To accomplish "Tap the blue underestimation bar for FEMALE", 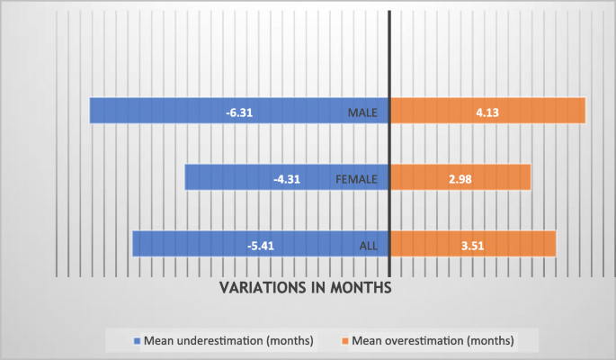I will click(225, 177).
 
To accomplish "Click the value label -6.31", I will click(238, 113).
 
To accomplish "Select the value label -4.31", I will click(286, 179).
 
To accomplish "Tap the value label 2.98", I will click(459, 179).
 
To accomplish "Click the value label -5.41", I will click(262, 246).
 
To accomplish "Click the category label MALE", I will click(367, 113).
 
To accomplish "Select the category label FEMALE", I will click(361, 179).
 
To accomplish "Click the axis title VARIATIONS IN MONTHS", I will click(307, 288).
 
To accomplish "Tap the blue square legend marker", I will click(138, 341).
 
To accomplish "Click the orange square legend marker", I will click(345, 341).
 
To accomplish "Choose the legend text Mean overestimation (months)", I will click(433, 341).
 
